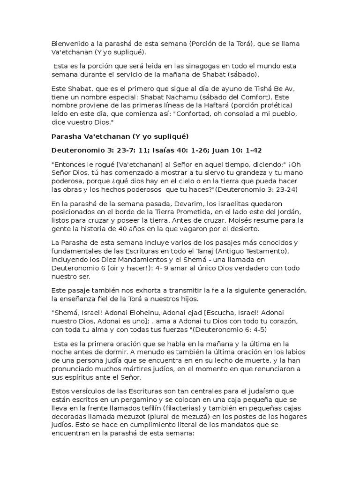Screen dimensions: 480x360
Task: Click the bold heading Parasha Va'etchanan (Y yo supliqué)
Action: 119,136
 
